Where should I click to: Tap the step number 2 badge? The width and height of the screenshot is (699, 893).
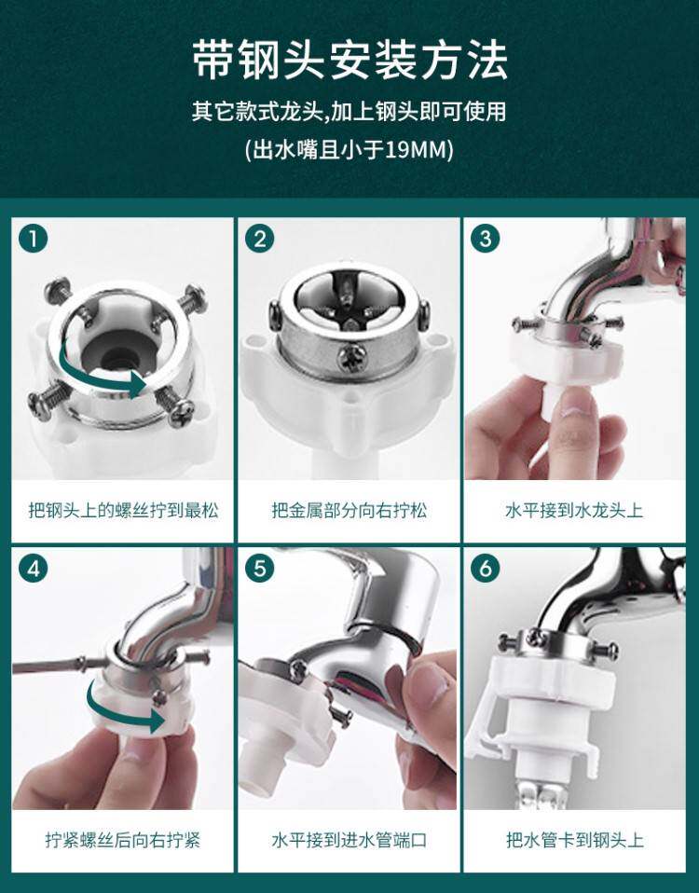[260, 239]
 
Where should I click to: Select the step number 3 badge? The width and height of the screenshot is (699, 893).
[486, 239]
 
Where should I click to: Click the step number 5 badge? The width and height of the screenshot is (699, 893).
[260, 569]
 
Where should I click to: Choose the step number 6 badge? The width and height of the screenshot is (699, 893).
[486, 569]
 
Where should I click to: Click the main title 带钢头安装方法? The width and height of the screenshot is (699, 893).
[349, 60]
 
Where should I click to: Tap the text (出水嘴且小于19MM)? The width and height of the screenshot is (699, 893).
[349, 150]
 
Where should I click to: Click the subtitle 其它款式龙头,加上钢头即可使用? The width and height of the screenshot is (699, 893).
[349, 111]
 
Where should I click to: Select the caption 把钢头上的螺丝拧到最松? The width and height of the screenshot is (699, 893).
[123, 510]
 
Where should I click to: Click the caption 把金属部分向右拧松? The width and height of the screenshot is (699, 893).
[349, 510]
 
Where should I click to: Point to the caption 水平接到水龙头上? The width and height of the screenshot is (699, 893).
[574, 510]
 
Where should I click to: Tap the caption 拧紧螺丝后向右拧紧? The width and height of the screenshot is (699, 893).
[123, 840]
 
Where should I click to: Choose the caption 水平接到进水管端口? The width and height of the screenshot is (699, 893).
[349, 840]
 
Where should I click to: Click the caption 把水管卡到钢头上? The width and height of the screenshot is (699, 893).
[574, 840]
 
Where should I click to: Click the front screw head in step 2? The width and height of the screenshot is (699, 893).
[349, 360]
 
